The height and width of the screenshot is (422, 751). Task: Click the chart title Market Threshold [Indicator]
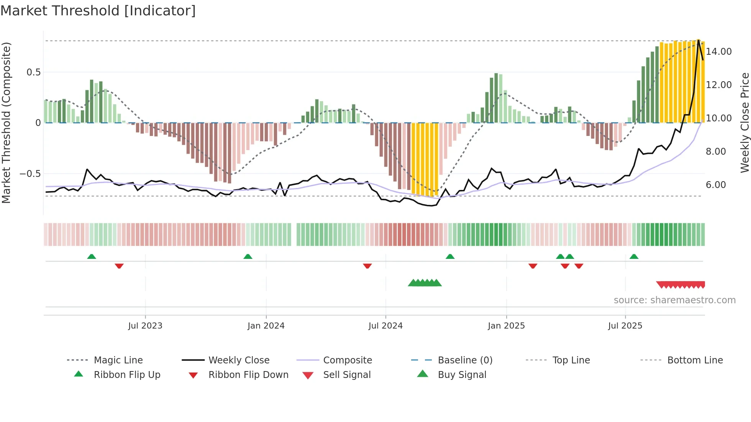pos(98,11)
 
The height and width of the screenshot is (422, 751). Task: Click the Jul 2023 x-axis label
pos(145,325)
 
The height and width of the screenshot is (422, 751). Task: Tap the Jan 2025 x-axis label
pos(506,325)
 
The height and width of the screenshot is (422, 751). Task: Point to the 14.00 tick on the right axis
pos(718,51)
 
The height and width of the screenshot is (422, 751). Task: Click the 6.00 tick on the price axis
pos(716,185)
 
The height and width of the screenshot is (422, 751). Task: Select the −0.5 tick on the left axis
pos(30,173)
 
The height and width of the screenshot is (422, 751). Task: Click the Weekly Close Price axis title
pos(744,123)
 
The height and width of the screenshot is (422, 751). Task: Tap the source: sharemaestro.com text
pos(674,300)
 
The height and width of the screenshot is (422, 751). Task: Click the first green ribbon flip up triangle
pos(92,257)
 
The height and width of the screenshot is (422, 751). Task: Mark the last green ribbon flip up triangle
pos(634,257)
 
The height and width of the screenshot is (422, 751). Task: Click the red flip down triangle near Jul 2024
pos(367,266)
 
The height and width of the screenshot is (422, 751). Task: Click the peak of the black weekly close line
pos(699,40)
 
